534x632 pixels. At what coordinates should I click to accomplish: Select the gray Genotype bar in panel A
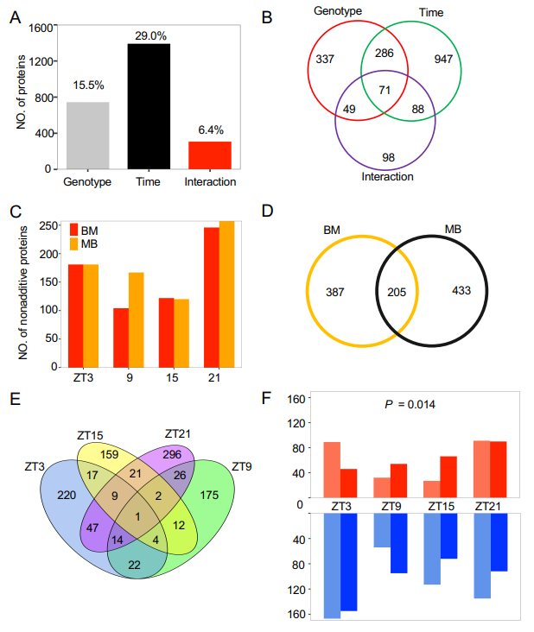(x=87, y=136)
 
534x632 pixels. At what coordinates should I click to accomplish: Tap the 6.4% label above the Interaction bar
(x=210, y=130)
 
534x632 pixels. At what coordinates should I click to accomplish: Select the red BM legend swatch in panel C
(x=74, y=230)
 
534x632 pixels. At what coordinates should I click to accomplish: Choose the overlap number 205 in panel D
(x=397, y=292)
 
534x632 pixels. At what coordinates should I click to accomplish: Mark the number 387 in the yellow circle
(x=335, y=292)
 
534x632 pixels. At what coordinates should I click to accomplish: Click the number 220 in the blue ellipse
(x=66, y=496)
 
